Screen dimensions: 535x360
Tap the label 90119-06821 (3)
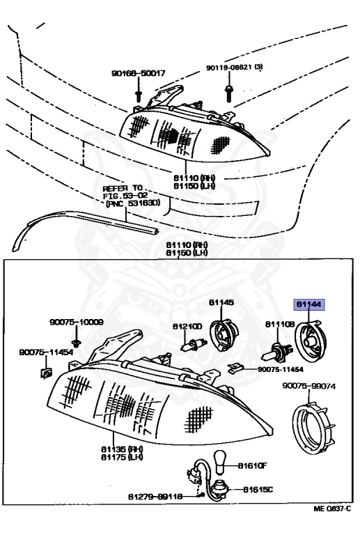[233, 68]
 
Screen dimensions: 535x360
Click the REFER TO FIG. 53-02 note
[132, 195]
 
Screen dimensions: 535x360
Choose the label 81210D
[187, 326]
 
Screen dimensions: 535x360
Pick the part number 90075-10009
[77, 323]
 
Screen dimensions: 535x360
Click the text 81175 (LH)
[120, 457]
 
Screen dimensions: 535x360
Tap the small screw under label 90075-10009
[78, 338]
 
